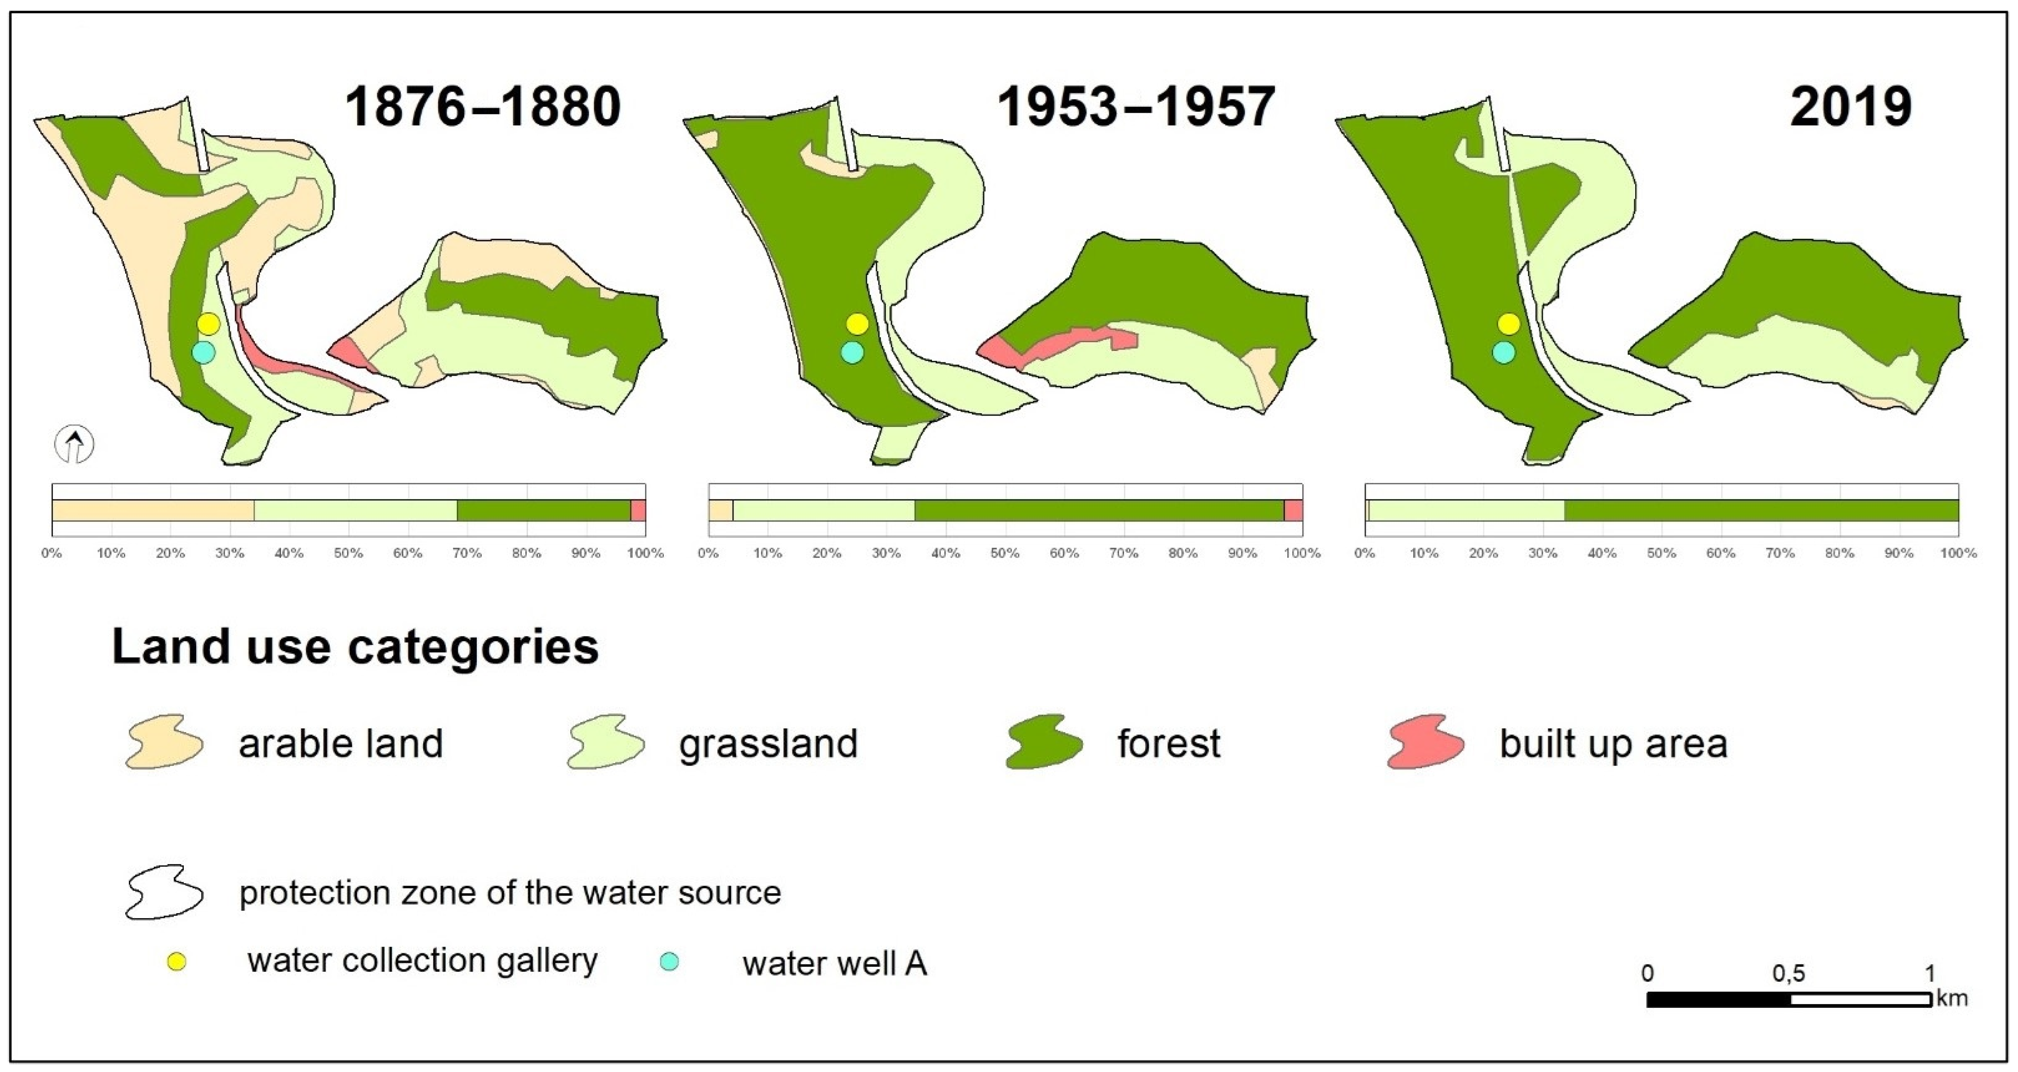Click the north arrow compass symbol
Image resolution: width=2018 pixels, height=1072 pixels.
(74, 445)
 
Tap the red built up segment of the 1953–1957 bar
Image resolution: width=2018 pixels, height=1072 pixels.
(1293, 510)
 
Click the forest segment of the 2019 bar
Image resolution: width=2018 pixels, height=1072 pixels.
(1761, 510)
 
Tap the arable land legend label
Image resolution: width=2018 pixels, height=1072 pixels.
(341, 743)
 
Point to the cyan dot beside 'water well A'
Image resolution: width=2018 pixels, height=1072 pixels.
(669, 962)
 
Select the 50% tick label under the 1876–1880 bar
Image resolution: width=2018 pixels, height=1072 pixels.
(348, 553)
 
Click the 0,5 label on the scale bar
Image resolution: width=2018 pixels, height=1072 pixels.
(1788, 974)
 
